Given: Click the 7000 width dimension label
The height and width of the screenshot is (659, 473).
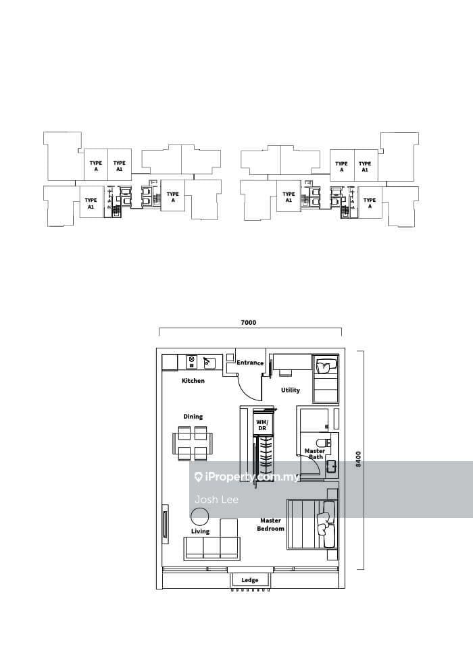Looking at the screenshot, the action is (248, 323).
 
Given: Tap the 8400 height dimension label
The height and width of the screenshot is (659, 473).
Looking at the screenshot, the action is (358, 459).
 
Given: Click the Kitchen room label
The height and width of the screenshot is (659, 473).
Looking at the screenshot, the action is (193, 381).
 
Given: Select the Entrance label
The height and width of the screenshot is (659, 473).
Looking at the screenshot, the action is (250, 363).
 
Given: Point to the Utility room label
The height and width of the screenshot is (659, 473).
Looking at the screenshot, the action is (291, 390).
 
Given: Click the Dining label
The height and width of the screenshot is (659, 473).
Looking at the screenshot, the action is (193, 417).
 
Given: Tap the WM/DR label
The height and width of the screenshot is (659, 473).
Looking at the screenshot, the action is (262, 425).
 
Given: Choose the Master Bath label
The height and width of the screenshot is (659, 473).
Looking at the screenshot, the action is (315, 454).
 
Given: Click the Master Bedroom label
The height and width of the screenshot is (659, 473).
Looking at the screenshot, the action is (270, 525).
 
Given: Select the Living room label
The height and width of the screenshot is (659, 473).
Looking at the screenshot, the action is (200, 531).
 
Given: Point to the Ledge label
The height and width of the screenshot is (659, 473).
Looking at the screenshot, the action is (250, 581).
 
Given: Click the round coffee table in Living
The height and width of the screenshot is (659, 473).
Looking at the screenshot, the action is (200, 517).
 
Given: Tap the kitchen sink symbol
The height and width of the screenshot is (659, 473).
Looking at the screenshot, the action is (209, 363).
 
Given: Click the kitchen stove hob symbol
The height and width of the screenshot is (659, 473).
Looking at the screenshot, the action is (192, 362).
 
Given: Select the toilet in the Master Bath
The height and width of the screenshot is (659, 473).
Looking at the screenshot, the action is (324, 443).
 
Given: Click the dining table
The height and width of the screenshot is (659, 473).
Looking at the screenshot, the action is (193, 443).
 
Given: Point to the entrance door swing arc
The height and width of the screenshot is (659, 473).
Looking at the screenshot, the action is (248, 391).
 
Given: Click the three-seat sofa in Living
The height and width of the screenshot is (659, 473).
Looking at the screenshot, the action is (212, 548).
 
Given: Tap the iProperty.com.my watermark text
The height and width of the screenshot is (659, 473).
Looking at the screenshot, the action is (247, 477).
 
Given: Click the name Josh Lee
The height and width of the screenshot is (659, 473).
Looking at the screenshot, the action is (216, 500).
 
